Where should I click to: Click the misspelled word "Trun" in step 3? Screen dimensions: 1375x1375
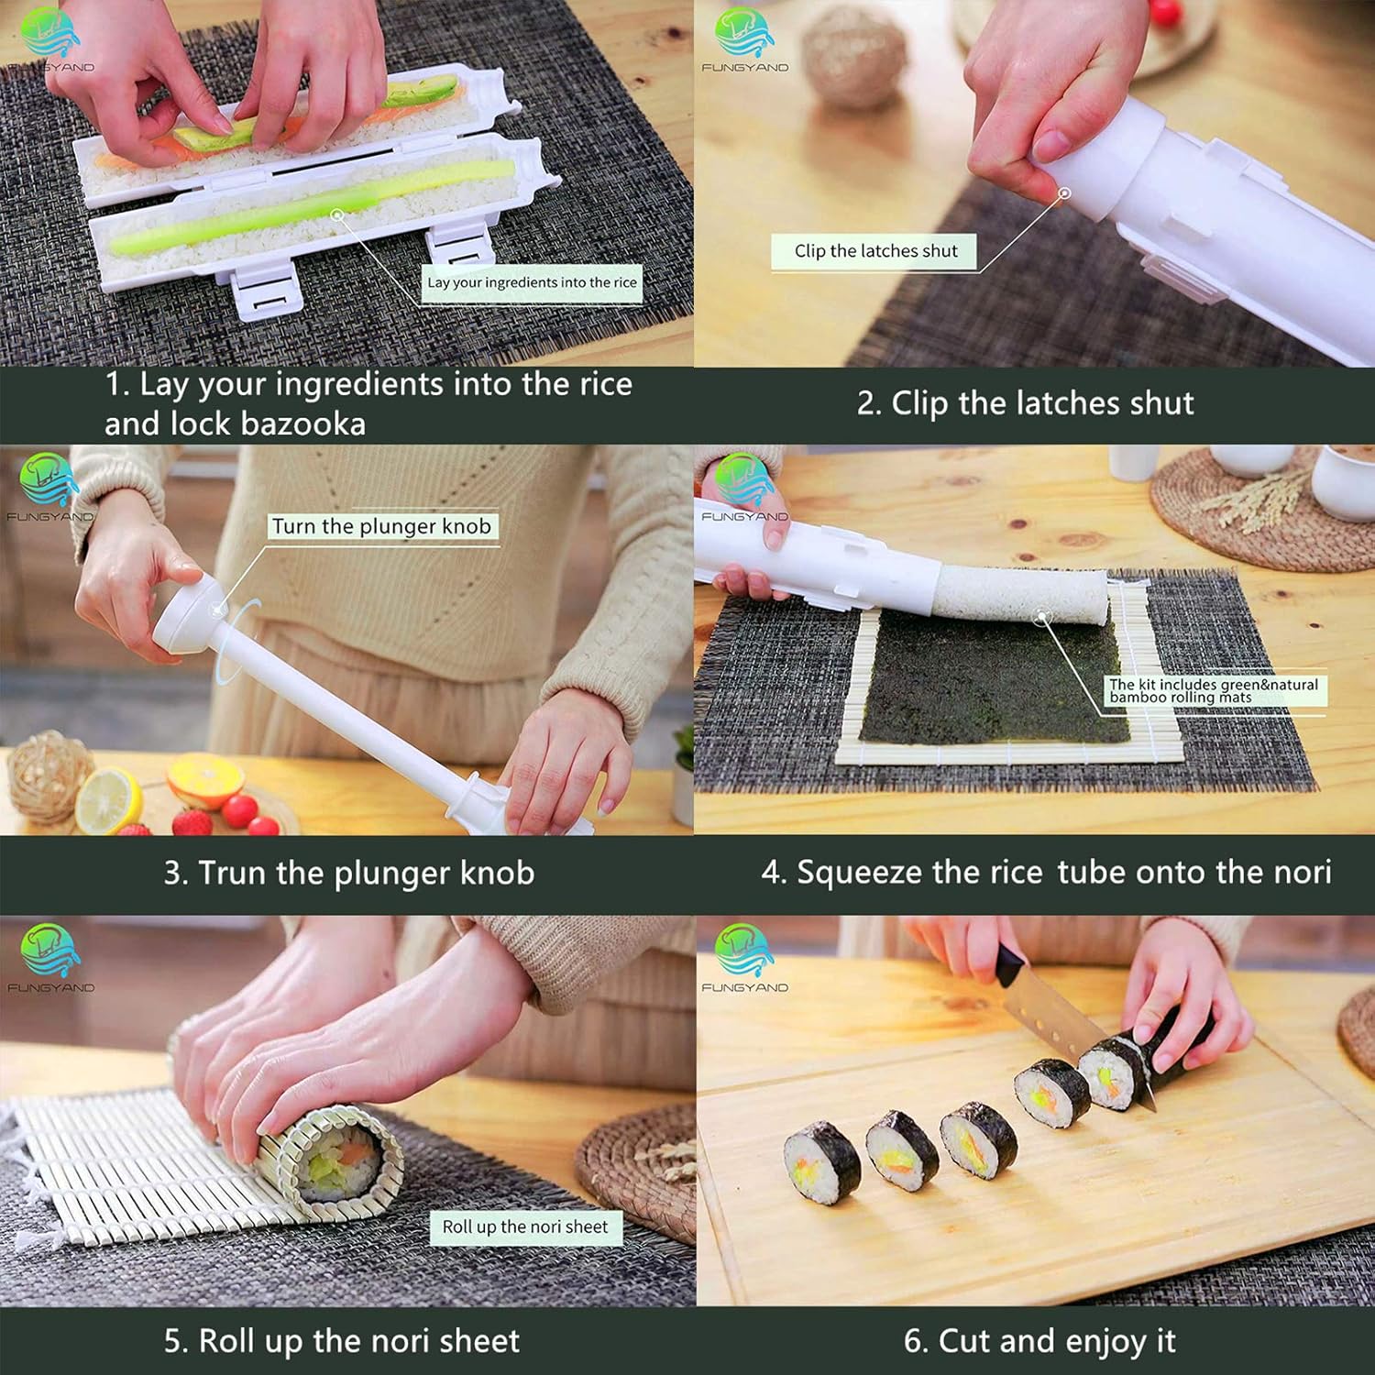(234, 873)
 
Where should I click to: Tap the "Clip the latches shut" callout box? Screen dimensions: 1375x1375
(874, 251)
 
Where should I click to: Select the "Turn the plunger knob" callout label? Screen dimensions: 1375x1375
(381, 526)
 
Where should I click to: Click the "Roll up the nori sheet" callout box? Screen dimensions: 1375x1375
(525, 1227)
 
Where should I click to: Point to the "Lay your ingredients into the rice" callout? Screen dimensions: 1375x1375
(532, 282)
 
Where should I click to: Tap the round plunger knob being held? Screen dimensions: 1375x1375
(188, 612)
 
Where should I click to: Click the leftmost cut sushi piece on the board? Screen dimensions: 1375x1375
(822, 1164)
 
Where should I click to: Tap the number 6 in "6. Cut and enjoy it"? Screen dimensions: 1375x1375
(914, 1341)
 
